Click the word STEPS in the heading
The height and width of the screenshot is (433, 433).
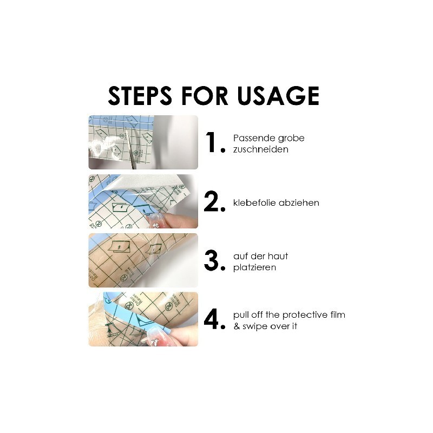coord(140,96)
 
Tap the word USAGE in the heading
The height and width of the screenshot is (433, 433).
coord(278,96)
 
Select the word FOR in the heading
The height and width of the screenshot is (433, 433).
coord(205,96)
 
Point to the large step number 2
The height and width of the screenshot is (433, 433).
coord(214,202)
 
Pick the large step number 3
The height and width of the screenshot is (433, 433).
coord(214,261)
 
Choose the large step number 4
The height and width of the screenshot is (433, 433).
coord(214,319)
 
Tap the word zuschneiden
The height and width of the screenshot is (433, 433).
coord(261,149)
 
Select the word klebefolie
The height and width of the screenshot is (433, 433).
coord(254,202)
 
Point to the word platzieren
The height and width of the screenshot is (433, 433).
coord(254,267)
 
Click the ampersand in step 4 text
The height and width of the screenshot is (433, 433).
coord(237,326)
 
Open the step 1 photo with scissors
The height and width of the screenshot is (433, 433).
coord(143,142)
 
